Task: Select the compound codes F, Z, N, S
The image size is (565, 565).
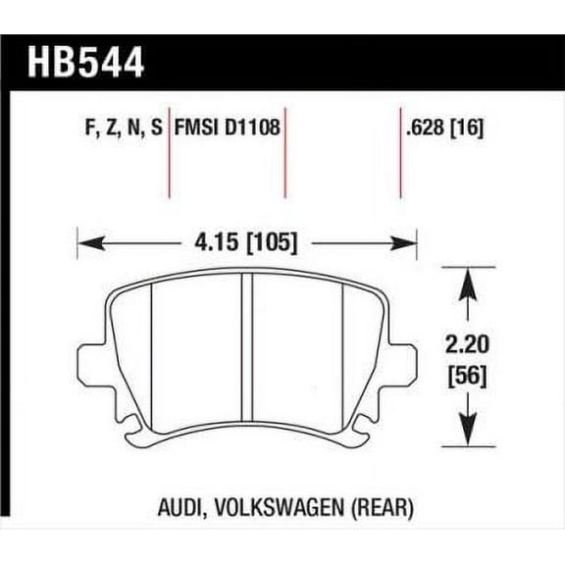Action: click(118, 128)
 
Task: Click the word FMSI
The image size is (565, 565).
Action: click(199, 128)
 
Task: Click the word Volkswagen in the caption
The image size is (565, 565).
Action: click(271, 510)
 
